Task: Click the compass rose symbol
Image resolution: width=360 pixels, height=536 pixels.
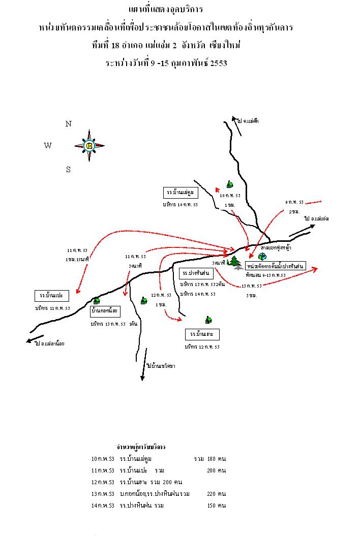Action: click(x=89, y=145)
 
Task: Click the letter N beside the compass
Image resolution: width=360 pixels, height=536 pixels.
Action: click(x=68, y=123)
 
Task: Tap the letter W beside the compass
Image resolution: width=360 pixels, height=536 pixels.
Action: click(x=48, y=146)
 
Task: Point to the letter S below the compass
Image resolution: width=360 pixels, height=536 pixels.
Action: click(x=68, y=170)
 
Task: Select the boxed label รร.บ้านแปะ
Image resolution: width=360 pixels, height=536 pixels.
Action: click(x=52, y=295)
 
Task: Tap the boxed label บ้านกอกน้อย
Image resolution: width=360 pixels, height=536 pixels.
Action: click(x=105, y=309)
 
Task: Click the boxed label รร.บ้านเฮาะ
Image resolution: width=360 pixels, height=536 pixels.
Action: click(x=202, y=334)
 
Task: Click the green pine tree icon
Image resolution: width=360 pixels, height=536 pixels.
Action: click(x=235, y=262)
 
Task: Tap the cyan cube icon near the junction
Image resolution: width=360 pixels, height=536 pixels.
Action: click(x=262, y=256)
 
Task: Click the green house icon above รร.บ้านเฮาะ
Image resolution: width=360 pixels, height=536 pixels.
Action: click(x=208, y=320)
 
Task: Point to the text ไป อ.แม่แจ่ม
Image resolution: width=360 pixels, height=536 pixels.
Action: click(x=316, y=218)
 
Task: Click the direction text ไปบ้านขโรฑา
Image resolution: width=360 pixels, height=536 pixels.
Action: click(x=160, y=366)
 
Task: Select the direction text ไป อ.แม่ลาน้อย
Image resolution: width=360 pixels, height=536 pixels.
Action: click(x=50, y=343)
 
